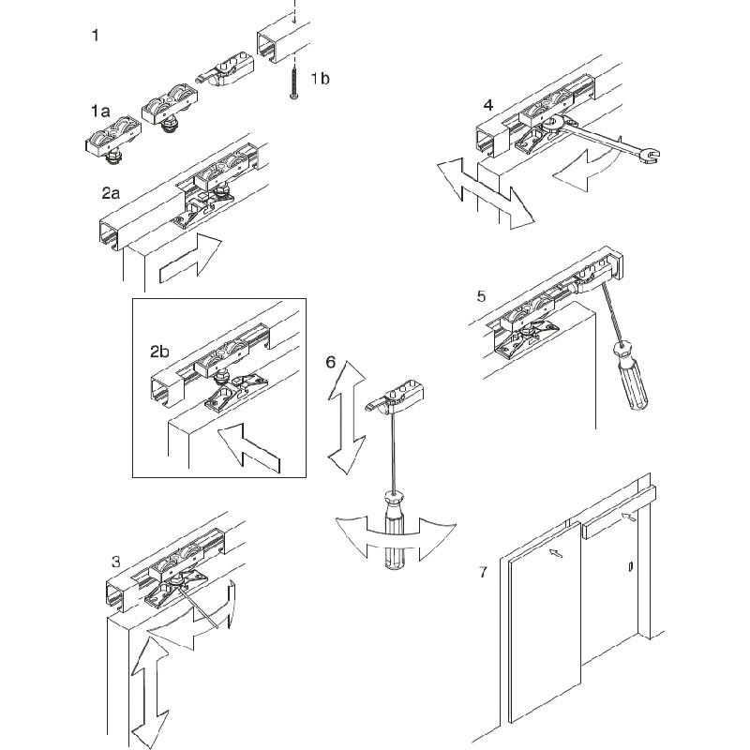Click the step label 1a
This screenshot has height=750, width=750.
100,111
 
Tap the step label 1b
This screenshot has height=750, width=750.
320,79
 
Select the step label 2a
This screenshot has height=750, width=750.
112,194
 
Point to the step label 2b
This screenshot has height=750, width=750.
160,352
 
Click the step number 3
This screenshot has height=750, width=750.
115,562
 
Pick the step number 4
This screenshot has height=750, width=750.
488,105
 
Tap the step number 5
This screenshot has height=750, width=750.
481,296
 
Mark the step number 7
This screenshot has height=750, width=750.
482,572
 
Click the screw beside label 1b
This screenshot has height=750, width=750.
294,79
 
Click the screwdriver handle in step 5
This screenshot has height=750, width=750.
631,376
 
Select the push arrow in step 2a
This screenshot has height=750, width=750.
191,259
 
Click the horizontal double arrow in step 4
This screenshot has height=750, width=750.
484,191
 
